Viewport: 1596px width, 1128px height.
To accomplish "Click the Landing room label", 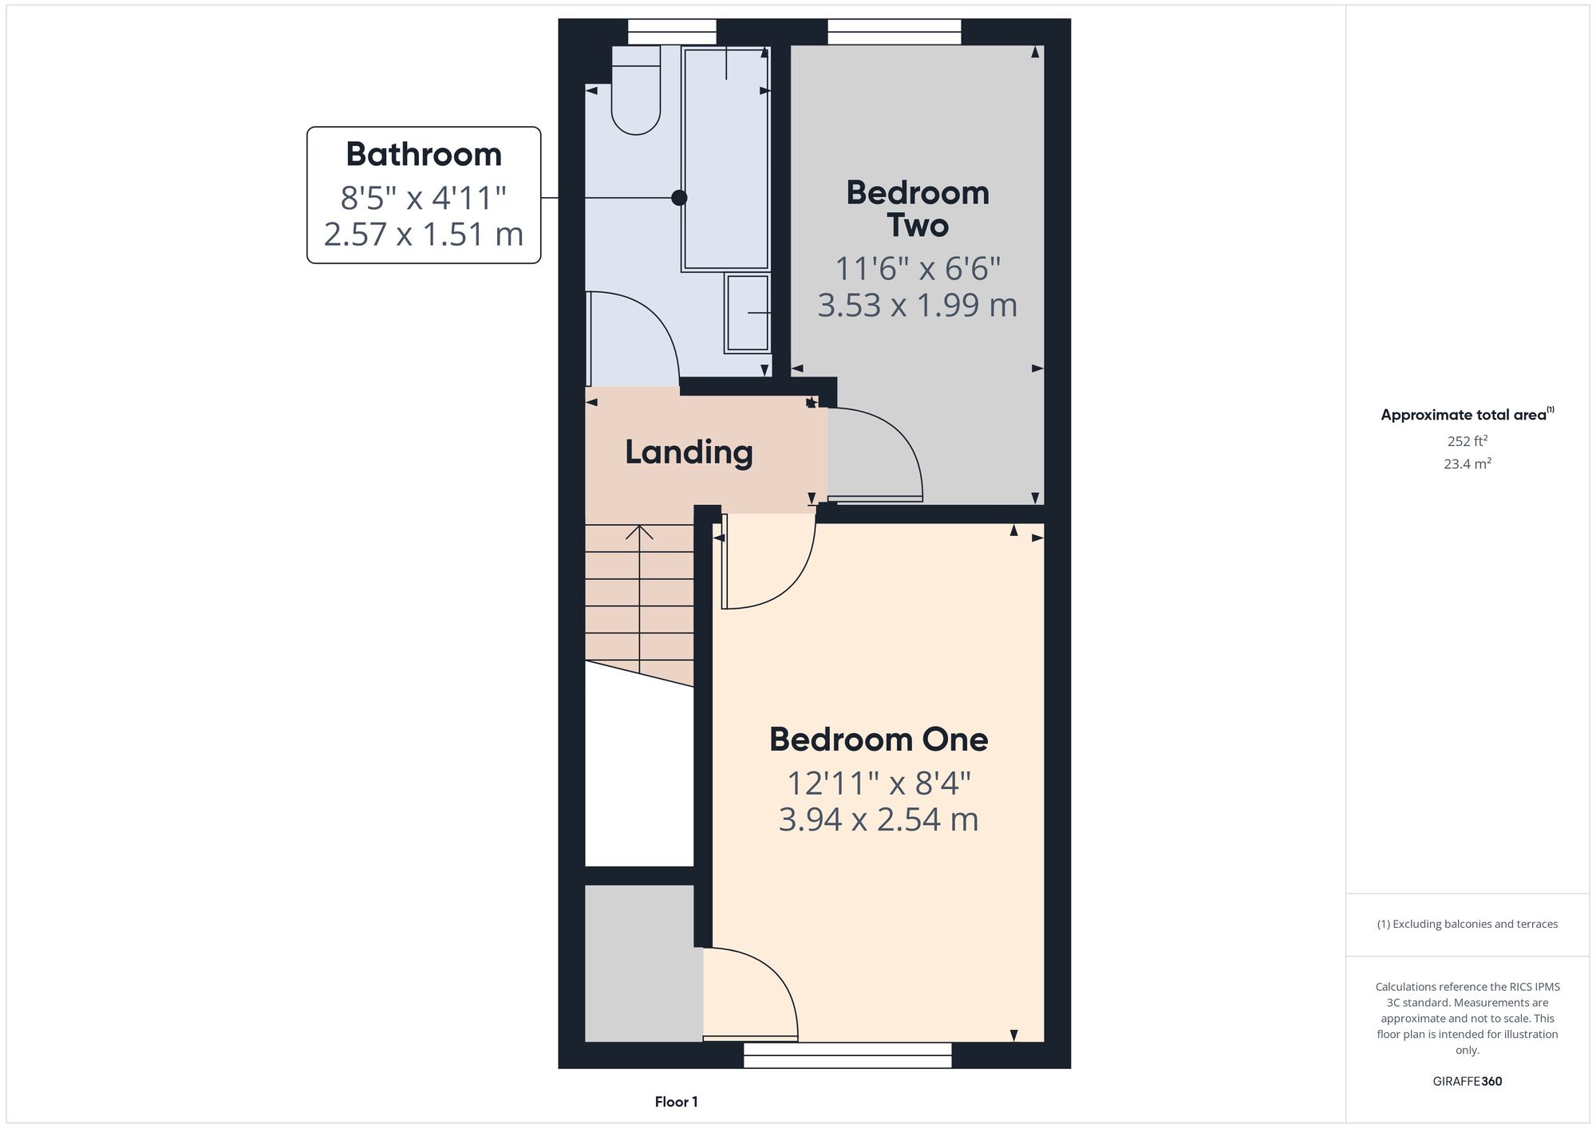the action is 689,452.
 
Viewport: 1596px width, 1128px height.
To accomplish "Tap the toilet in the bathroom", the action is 636,89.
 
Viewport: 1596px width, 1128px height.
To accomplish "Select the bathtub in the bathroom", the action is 725,158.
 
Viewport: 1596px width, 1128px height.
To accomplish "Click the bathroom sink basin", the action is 747,313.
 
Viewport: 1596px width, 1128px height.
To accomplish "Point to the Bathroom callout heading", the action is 424,154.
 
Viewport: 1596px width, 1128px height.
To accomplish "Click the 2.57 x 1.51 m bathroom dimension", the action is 424,234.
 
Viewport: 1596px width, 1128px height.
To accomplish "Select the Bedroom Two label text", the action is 918,209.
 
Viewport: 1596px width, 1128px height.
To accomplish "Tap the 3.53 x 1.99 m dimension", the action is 918,305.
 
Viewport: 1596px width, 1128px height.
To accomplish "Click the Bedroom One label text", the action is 879,740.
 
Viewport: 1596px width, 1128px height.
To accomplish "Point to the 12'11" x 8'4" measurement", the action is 879,783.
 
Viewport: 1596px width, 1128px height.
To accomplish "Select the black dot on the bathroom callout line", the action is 679,197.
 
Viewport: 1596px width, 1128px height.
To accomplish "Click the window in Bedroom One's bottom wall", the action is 847,1055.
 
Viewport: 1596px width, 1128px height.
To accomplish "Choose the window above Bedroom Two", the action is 895,32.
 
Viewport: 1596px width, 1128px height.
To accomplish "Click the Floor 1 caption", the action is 677,1102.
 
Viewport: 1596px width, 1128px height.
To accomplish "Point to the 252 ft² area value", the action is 1468,440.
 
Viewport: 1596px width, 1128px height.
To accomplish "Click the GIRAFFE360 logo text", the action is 1468,1082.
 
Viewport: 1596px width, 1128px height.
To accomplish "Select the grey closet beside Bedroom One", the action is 644,963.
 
